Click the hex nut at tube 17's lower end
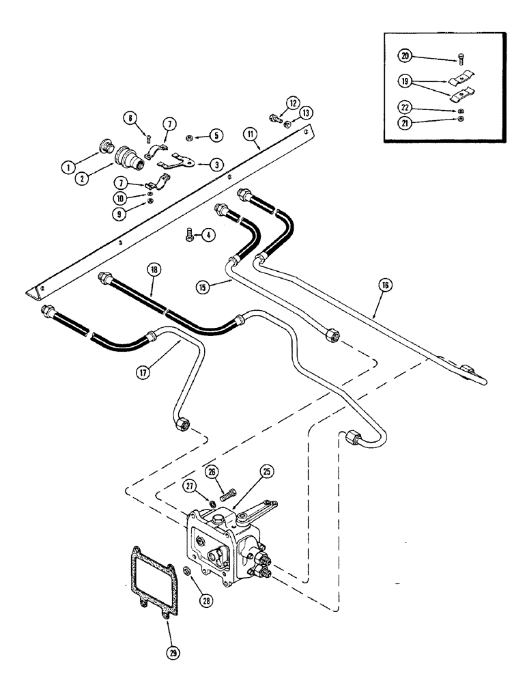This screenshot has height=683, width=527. point(183,425)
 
